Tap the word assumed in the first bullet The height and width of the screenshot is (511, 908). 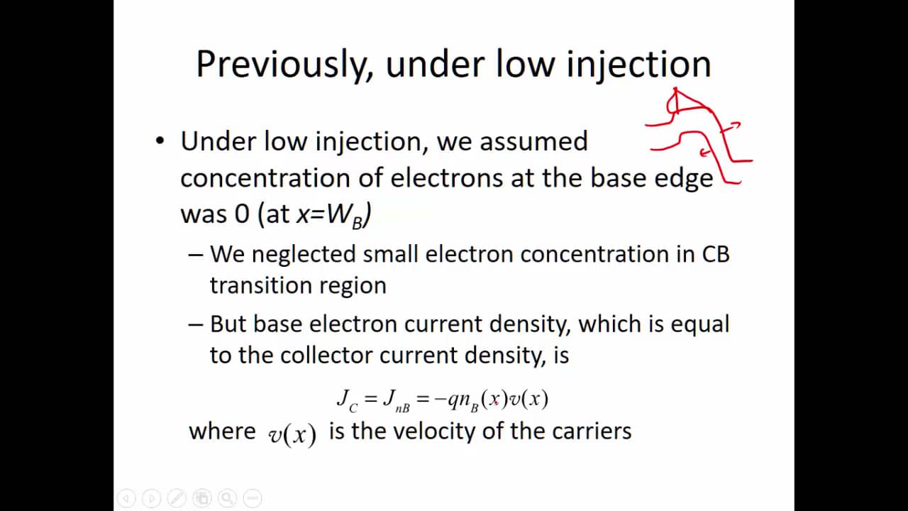[533, 141]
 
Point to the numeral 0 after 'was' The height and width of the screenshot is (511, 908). [242, 214]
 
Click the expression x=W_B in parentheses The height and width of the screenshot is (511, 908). [331, 215]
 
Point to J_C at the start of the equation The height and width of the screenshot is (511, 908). [347, 400]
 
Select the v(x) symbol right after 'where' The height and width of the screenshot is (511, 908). [292, 434]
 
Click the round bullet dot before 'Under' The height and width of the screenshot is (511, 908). [160, 141]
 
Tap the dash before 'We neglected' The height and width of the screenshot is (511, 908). [195, 254]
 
